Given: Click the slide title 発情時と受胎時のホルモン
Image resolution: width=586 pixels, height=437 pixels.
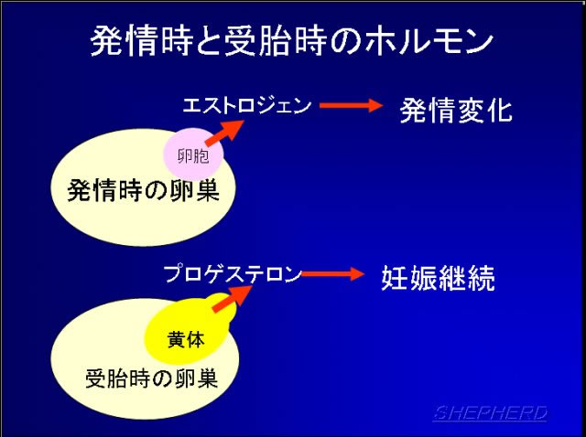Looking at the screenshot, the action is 291,41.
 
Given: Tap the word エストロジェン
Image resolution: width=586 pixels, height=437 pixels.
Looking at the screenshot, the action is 246,106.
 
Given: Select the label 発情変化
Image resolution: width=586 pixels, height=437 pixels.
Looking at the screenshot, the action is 456,111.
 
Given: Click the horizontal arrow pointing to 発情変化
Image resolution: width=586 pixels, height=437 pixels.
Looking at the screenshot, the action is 351,105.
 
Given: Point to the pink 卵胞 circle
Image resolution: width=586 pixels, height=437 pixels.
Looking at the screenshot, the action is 193,154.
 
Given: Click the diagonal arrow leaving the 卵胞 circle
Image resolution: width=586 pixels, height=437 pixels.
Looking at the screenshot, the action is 225,133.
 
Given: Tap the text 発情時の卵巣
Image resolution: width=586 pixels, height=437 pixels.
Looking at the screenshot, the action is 143,191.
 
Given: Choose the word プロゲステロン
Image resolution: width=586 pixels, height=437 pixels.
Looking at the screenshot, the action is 233,274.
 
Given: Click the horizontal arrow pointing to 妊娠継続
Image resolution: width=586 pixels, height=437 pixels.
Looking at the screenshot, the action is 332,274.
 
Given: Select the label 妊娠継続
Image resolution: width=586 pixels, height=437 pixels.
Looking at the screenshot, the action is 438,278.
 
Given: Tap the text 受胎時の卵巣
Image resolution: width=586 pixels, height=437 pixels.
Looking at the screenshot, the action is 152,378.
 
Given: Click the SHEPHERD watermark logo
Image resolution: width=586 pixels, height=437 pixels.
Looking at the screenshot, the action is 491,413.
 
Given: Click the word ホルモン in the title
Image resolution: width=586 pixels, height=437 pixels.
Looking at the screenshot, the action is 429,41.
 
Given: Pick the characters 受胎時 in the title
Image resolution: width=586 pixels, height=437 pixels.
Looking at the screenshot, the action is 276,41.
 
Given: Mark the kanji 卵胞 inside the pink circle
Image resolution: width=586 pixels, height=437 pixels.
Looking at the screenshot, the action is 193,155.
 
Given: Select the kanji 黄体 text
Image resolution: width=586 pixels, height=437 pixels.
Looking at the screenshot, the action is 186,340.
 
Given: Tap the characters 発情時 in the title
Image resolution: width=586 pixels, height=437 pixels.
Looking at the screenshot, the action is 141,41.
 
